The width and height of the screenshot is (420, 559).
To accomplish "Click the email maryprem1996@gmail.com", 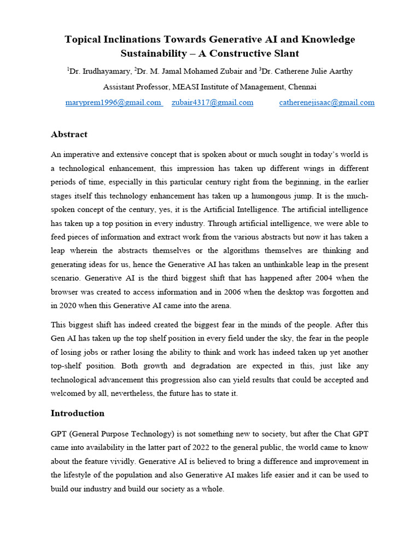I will [113, 102].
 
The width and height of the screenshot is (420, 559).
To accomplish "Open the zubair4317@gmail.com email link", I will [212, 102].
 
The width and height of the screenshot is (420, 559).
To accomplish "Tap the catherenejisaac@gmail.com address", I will [326, 102].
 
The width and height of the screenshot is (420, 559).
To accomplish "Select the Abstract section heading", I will [69, 134].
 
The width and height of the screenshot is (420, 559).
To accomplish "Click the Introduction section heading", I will [78, 413].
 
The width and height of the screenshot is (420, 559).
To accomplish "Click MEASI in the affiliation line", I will [188, 87].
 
